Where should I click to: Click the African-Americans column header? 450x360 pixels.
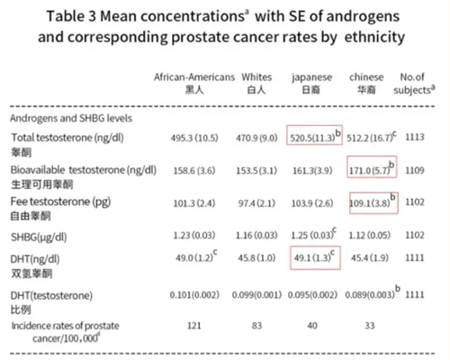(194, 77)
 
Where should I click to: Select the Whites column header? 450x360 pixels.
(256, 77)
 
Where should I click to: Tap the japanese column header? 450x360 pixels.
(312, 77)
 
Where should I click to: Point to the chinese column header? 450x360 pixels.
(366, 77)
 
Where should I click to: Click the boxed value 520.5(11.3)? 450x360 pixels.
(314, 135)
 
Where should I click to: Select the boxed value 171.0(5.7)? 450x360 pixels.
(372, 166)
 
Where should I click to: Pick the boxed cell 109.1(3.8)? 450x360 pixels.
(373, 202)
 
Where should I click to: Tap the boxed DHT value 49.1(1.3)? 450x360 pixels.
(315, 257)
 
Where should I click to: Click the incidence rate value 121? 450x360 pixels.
(194, 326)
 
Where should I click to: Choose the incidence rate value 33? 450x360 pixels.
(370, 326)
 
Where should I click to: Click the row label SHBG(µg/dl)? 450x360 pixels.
(39, 238)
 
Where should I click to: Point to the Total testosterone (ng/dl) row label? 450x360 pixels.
(67, 138)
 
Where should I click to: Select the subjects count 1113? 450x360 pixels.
(415, 137)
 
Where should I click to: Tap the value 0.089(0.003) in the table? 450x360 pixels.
(370, 295)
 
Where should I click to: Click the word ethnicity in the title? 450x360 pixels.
(374, 37)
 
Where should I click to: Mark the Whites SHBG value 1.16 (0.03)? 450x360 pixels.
(256, 235)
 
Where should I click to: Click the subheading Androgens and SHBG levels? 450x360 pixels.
(71, 118)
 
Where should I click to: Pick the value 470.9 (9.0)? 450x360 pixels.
(256, 138)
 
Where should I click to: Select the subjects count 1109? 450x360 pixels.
(415, 170)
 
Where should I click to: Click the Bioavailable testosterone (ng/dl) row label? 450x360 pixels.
(84, 170)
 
